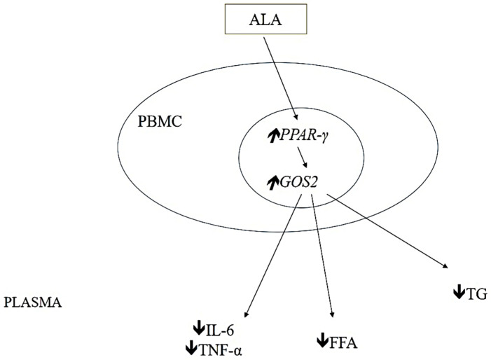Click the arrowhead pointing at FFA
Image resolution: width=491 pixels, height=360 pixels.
333,316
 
